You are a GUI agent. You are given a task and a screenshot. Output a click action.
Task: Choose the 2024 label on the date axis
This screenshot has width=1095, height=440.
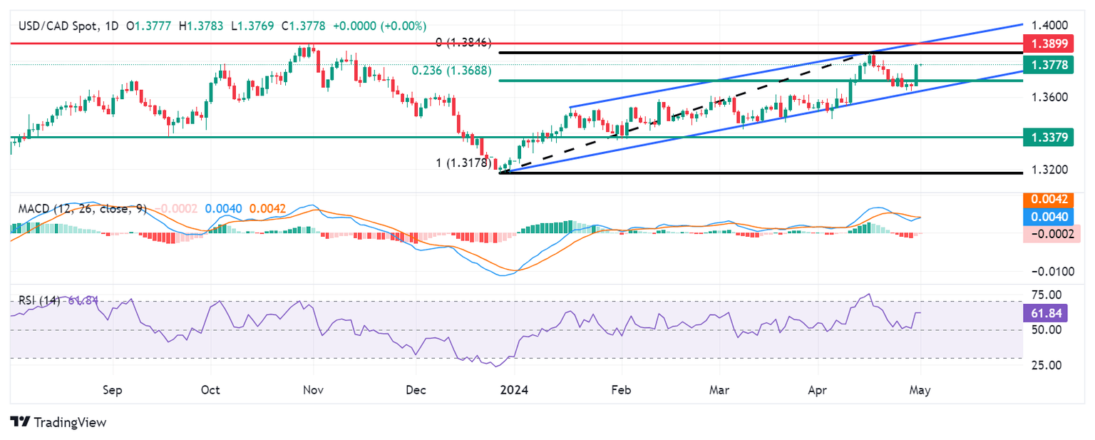tap(514, 391)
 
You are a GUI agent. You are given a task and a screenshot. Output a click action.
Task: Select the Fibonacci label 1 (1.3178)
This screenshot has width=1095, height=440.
tap(464, 163)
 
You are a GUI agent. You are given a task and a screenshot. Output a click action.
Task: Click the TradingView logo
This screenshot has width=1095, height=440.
tap(58, 422)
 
